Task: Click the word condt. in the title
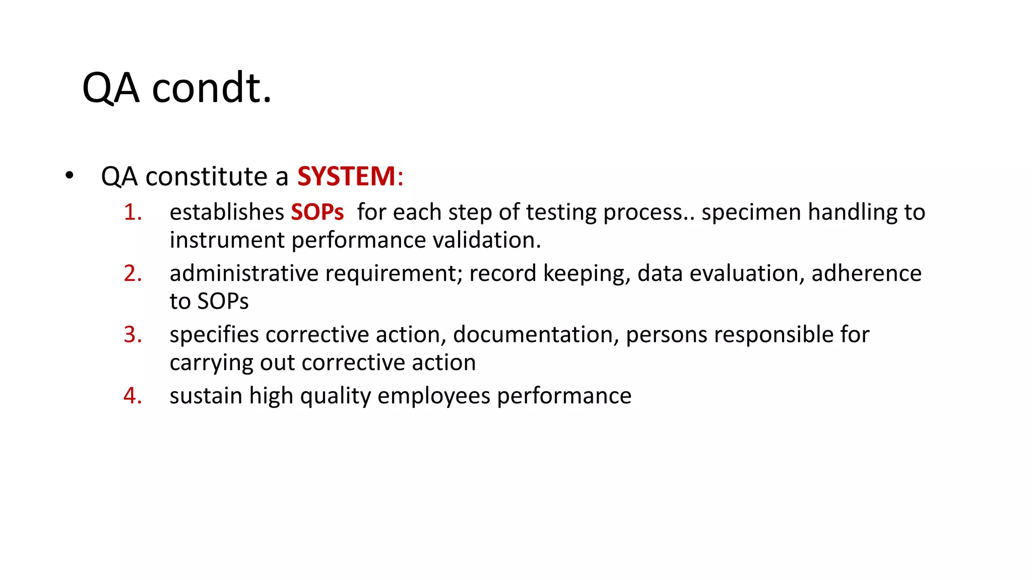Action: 212,88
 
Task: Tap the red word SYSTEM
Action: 346,177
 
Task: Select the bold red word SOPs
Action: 317,212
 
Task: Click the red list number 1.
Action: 133,212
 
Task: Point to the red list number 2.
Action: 133,273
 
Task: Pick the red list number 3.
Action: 133,335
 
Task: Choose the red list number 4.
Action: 133,396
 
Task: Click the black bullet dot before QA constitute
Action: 69,176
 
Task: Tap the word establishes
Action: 227,212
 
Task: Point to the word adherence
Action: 866,273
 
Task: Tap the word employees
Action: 433,396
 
